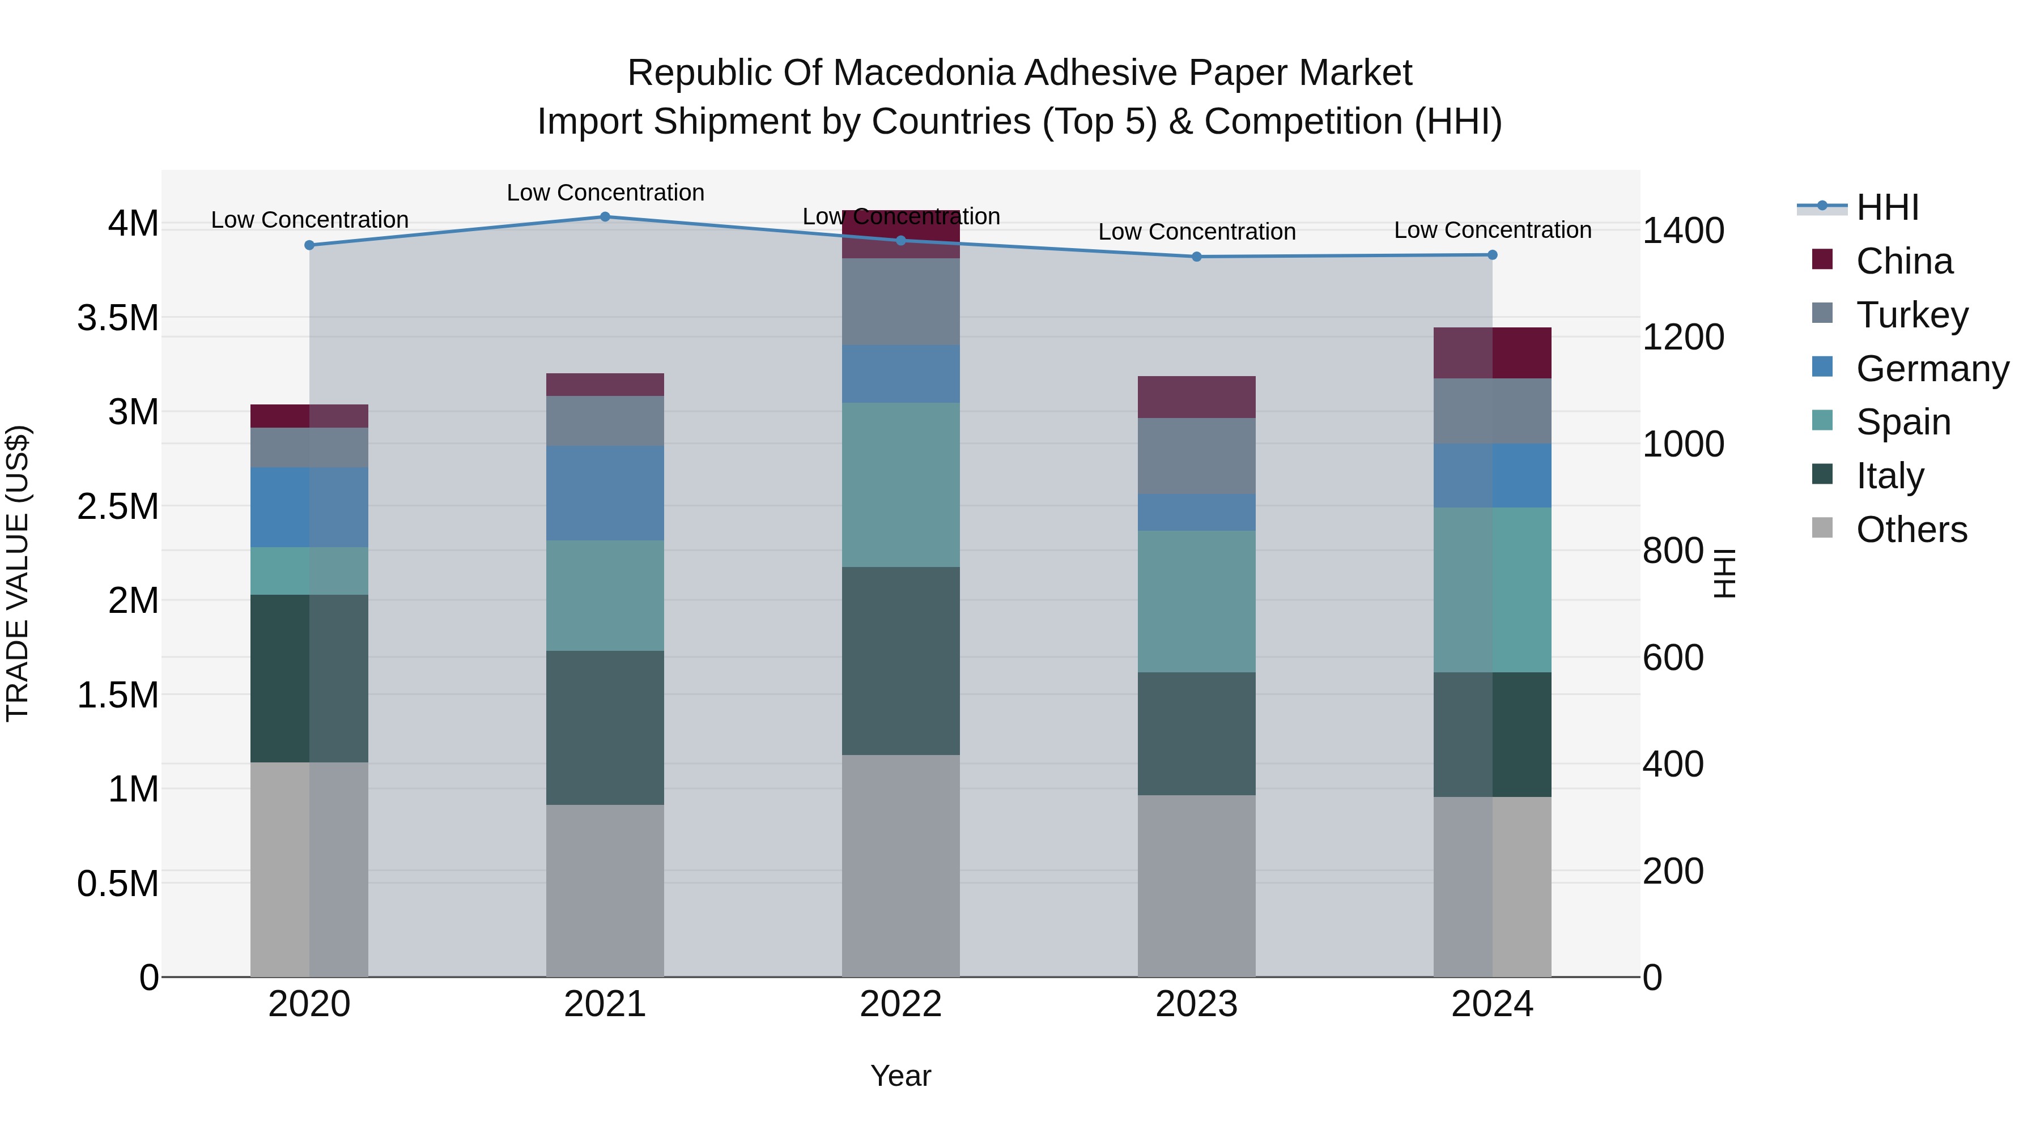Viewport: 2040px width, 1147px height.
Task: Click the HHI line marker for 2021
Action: click(x=605, y=216)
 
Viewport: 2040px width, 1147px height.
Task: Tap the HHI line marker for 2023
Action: click(x=1197, y=257)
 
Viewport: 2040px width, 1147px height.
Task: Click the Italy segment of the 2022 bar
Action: click(x=900, y=660)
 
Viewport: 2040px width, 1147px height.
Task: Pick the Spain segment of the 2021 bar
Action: click(x=605, y=595)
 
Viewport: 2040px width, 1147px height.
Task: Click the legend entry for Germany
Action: click(x=1932, y=368)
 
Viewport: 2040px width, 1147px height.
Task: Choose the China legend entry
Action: click(x=1904, y=261)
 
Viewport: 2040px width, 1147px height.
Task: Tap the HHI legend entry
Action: click(x=1886, y=207)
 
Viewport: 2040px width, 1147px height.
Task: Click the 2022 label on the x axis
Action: click(x=900, y=1004)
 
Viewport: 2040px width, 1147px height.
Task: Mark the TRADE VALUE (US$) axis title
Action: click(x=18, y=573)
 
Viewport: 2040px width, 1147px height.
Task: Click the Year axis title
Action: click(x=900, y=1075)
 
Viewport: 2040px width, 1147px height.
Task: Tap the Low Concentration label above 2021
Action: click(x=605, y=193)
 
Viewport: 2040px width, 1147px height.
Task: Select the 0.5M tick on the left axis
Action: click(x=117, y=884)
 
